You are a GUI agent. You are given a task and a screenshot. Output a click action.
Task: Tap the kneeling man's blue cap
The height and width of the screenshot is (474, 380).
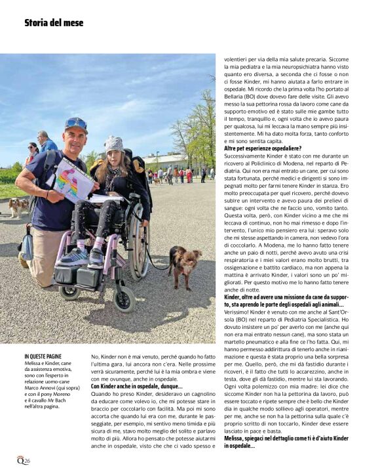(x=75, y=124)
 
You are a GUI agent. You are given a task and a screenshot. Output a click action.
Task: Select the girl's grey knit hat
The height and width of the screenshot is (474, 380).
(x=115, y=143)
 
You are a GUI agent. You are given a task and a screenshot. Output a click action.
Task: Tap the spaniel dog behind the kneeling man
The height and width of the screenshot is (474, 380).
(x=18, y=207)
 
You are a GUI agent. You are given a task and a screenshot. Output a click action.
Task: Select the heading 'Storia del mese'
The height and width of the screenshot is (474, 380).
(x=54, y=23)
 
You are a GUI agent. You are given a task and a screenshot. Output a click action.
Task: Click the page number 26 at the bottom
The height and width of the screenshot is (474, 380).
(x=27, y=460)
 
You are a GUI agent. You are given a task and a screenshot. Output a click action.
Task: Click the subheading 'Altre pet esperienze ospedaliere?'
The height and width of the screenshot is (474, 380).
(x=263, y=148)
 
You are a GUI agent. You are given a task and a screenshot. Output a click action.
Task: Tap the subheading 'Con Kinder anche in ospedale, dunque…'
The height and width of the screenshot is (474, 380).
(x=136, y=387)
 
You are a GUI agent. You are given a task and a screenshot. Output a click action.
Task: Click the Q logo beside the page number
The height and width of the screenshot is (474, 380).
(x=20, y=460)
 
